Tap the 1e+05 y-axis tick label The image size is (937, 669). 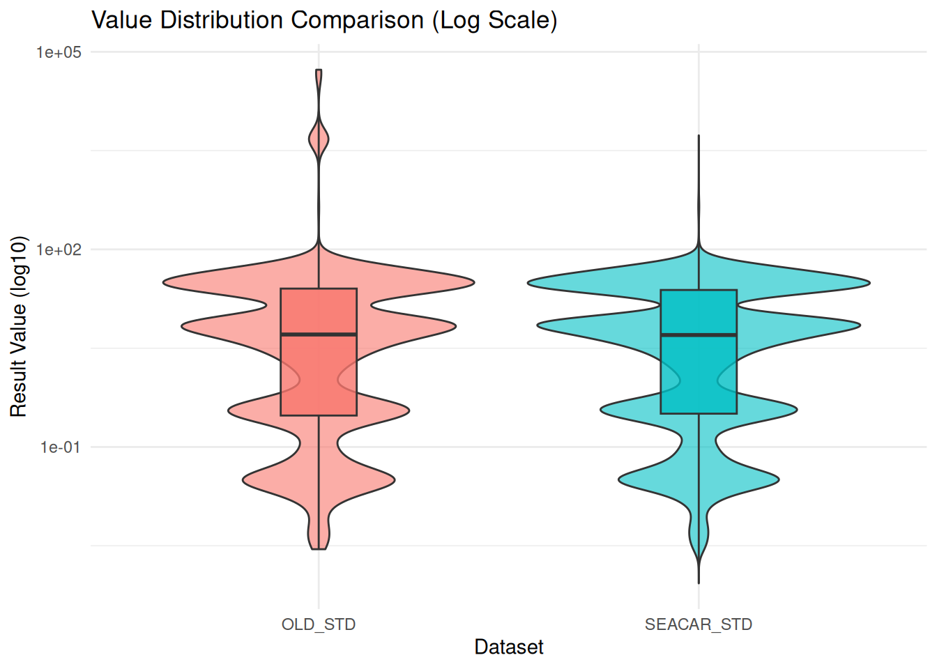(59, 52)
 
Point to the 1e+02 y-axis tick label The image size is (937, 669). (59, 249)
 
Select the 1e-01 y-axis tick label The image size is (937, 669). (61, 447)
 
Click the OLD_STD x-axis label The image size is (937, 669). (319, 624)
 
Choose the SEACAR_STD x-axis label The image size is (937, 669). (699, 624)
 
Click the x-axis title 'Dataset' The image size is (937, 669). (509, 647)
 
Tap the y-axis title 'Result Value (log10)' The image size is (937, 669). (19, 327)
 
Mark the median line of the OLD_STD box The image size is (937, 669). (319, 334)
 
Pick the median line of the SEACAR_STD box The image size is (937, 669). (699, 335)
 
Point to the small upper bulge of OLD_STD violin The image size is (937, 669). (319, 140)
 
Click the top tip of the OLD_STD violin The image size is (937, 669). (319, 70)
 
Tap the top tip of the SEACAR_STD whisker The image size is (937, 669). (699, 136)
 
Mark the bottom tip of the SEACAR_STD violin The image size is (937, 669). (699, 583)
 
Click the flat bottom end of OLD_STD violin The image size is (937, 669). (319, 548)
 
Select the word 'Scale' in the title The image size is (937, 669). (515, 20)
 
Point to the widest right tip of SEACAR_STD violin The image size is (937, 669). (869, 283)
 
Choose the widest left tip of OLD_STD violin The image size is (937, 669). (165, 282)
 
